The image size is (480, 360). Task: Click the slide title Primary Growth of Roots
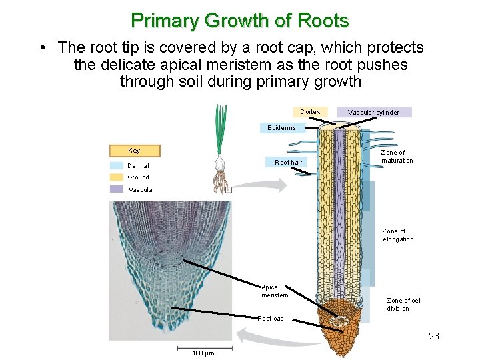pyautogui.click(x=240, y=21)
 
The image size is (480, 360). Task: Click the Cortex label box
pyautogui.click(x=310, y=112)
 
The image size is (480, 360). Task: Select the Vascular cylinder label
pyautogui.click(x=374, y=112)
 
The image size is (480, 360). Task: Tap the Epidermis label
pyautogui.click(x=281, y=127)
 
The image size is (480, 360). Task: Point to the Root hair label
pyautogui.click(x=289, y=162)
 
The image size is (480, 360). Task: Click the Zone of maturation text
pyautogui.click(x=397, y=157)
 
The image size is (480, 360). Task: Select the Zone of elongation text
pyautogui.click(x=398, y=235)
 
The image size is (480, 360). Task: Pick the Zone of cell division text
pyautogui.click(x=404, y=304)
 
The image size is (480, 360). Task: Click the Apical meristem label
pyautogui.click(x=275, y=291)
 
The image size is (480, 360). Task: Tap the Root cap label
pyautogui.click(x=271, y=319)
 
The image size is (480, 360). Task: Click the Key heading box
pyautogui.click(x=135, y=151)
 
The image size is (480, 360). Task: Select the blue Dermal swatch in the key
pyautogui.click(x=117, y=165)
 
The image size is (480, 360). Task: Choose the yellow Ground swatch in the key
pyautogui.click(x=117, y=177)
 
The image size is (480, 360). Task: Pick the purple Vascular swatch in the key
pyautogui.click(x=117, y=189)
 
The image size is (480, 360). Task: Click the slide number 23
pyautogui.click(x=434, y=336)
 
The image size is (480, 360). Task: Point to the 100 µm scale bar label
pyautogui.click(x=203, y=353)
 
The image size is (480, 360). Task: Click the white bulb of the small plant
pyautogui.click(x=221, y=164)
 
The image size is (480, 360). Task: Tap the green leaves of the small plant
pyautogui.click(x=220, y=130)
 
